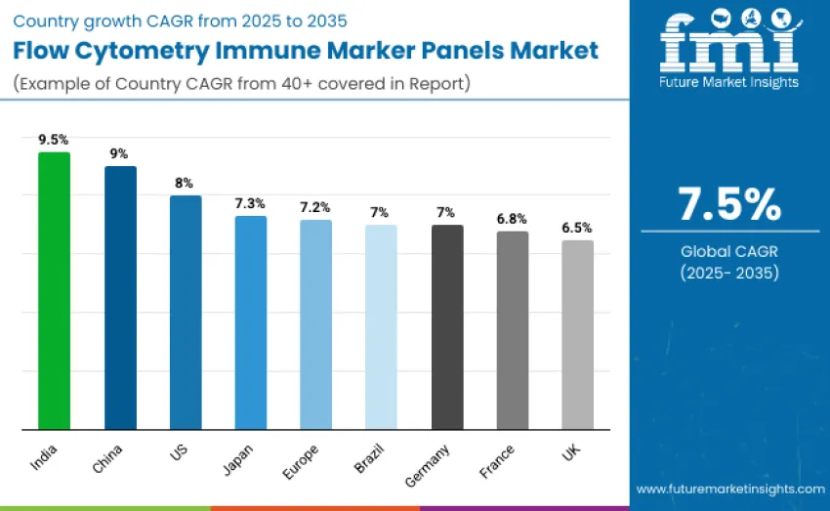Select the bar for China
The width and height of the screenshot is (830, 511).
[120, 298]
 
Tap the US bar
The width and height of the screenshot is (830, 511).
[186, 313]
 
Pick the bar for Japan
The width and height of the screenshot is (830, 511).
[251, 322]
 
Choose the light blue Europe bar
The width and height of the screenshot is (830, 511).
[315, 324]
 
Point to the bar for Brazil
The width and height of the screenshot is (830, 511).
[381, 327]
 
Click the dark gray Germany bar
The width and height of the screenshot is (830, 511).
[447, 327]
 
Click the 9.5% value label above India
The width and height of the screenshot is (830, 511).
[54, 140]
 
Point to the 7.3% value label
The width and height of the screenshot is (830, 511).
[250, 203]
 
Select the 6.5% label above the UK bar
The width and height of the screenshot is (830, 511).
[576, 228]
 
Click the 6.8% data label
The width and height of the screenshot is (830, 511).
[512, 219]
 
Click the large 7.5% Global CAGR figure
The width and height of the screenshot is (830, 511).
[729, 204]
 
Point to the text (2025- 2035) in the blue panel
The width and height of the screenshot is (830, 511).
[729, 274]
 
